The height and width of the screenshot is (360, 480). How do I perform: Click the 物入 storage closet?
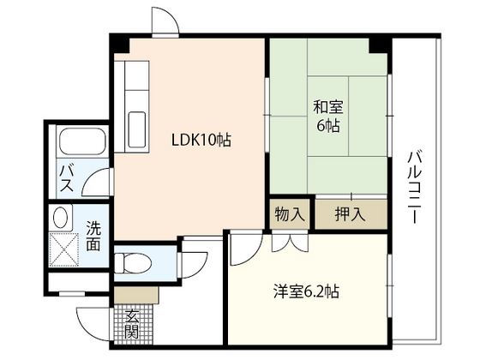point(290,214)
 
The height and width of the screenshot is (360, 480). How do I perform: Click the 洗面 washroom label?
point(93,237)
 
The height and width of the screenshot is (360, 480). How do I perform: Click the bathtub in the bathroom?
point(81,142)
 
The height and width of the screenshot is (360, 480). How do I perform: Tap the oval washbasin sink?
point(60,219)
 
